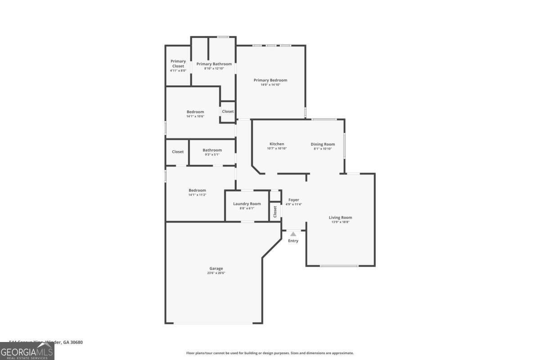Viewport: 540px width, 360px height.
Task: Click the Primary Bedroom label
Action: coord(270,80)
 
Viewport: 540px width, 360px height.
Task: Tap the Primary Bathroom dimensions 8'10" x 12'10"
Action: coord(214,68)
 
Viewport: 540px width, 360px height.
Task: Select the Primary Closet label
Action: coord(178,63)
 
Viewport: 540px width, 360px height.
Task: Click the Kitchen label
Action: coord(277,144)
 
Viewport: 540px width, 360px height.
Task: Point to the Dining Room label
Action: coord(323,144)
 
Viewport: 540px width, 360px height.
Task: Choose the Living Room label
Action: coord(340,217)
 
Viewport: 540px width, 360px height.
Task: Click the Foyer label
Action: coord(293,200)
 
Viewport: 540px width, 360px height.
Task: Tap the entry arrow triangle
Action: coord(293,234)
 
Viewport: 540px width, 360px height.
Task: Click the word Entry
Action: coord(293,241)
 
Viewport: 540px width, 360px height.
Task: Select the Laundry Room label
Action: coord(247,204)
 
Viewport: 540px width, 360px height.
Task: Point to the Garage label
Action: coord(216,269)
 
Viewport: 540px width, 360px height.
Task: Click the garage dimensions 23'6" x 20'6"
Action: coord(216,273)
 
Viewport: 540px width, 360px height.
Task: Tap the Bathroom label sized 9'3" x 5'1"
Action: coord(212,150)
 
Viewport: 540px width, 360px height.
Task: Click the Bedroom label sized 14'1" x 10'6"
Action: coord(195,112)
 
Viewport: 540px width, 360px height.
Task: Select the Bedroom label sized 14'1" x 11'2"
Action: coord(197,190)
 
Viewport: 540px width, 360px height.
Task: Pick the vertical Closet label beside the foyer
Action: coord(275,211)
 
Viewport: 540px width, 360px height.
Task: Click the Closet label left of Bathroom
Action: coord(178,152)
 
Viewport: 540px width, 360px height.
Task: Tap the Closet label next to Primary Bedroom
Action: coord(228,111)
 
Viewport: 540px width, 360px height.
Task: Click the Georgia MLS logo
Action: coord(27,351)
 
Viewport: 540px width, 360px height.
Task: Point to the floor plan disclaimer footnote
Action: coord(270,353)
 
